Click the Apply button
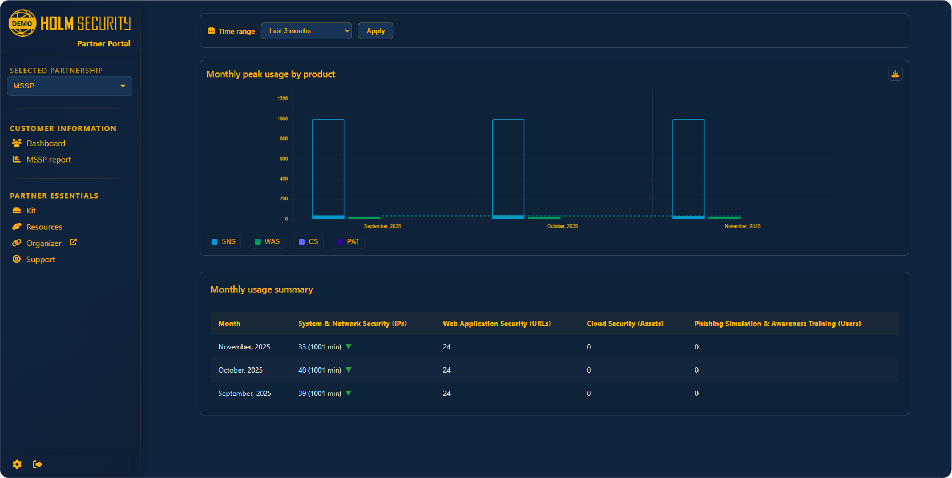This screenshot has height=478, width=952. (375, 31)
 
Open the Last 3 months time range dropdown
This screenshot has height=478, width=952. (306, 31)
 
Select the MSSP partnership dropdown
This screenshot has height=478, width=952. (69, 86)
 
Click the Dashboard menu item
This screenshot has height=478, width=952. (45, 144)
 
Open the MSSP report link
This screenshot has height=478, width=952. (48, 160)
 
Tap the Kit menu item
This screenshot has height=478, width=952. (31, 211)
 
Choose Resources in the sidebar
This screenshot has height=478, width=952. (44, 227)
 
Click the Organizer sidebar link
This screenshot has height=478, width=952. (44, 243)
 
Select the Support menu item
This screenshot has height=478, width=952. (41, 259)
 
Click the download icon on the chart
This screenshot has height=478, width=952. (895, 74)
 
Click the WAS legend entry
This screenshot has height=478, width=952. (267, 242)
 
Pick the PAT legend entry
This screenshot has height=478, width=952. (348, 242)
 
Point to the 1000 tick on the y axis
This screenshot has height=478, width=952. (282, 119)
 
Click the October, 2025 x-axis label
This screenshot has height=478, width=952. (562, 226)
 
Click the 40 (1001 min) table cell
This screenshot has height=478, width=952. (320, 370)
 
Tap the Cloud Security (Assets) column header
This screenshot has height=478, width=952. (625, 324)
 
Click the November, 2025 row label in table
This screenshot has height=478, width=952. (244, 347)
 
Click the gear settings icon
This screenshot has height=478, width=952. (17, 464)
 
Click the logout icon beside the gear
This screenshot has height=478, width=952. (37, 464)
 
